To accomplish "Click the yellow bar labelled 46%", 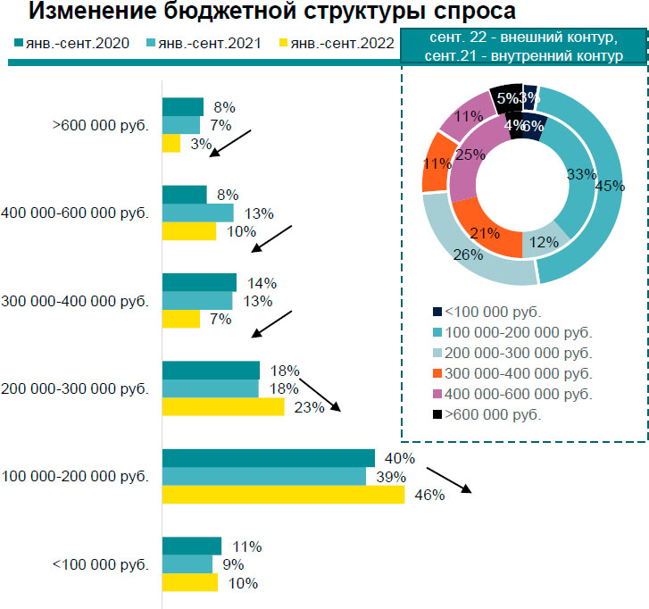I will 283,495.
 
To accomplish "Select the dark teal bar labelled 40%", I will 268,458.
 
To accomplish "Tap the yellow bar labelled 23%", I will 222,407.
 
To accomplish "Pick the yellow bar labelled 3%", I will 171,143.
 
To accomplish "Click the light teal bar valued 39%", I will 264,477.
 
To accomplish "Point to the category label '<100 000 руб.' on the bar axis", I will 100,564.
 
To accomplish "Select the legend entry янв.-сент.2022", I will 337,42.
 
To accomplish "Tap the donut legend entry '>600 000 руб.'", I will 494,414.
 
